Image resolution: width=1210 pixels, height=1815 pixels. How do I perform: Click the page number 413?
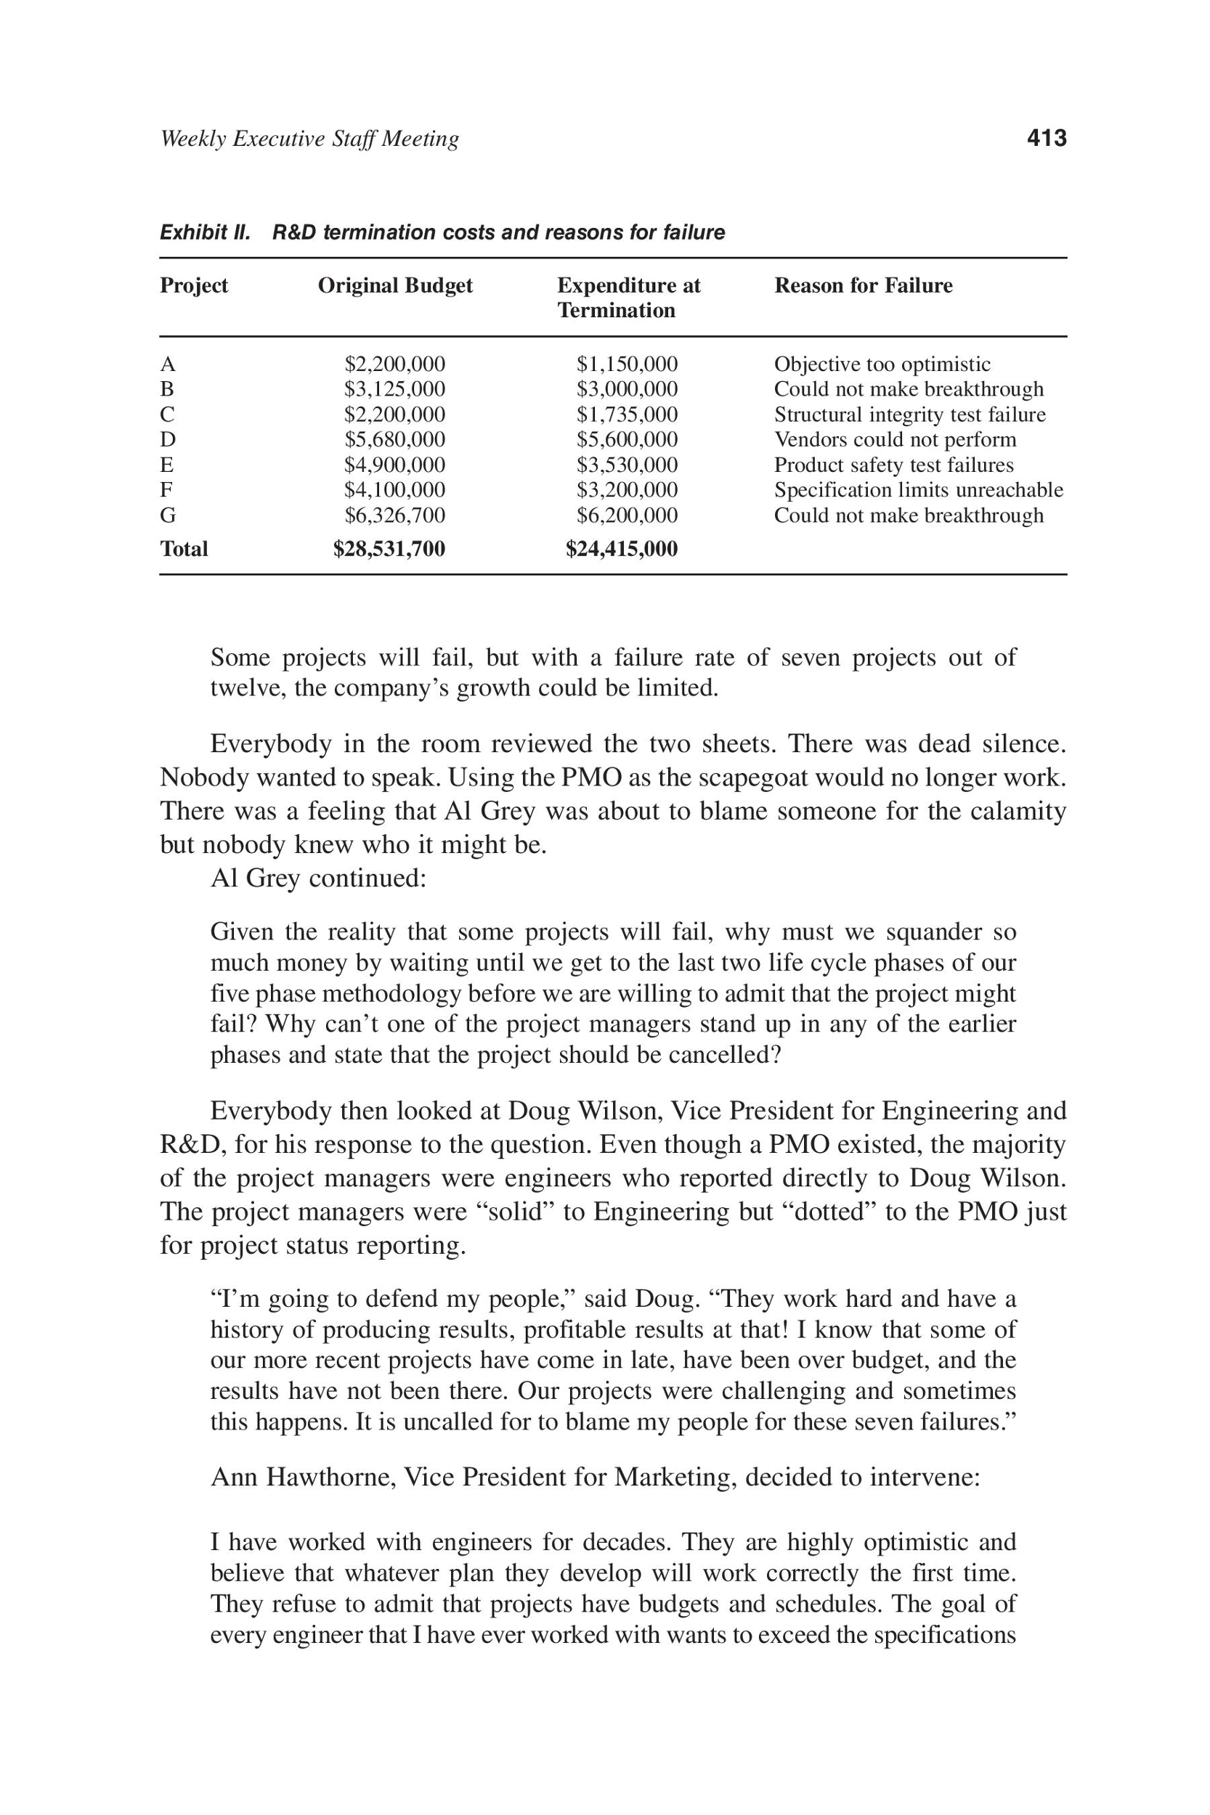click(x=1047, y=139)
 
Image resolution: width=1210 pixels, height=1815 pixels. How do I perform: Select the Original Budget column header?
click(x=395, y=286)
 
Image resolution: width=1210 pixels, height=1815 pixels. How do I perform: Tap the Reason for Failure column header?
click(x=863, y=286)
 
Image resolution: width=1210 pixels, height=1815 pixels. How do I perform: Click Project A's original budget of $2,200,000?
click(x=394, y=364)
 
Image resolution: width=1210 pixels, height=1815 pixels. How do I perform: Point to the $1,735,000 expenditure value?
click(x=628, y=415)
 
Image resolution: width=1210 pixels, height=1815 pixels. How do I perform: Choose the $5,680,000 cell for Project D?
click(x=394, y=440)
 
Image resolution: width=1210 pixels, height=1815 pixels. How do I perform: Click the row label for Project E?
click(x=167, y=465)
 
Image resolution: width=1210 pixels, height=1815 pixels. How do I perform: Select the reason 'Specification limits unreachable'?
click(x=918, y=490)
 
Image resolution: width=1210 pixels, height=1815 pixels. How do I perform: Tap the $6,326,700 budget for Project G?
click(x=394, y=515)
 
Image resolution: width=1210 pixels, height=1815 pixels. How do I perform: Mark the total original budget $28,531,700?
click(x=389, y=549)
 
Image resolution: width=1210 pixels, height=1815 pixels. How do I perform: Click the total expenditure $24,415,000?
click(x=621, y=549)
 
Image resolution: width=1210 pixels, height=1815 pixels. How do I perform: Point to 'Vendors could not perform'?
click(x=895, y=440)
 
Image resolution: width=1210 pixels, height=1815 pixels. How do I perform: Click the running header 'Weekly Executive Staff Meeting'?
click(x=309, y=139)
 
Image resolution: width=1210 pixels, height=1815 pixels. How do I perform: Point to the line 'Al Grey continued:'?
click(x=318, y=878)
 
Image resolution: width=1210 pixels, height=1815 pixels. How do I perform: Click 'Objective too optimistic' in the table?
click(x=882, y=364)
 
